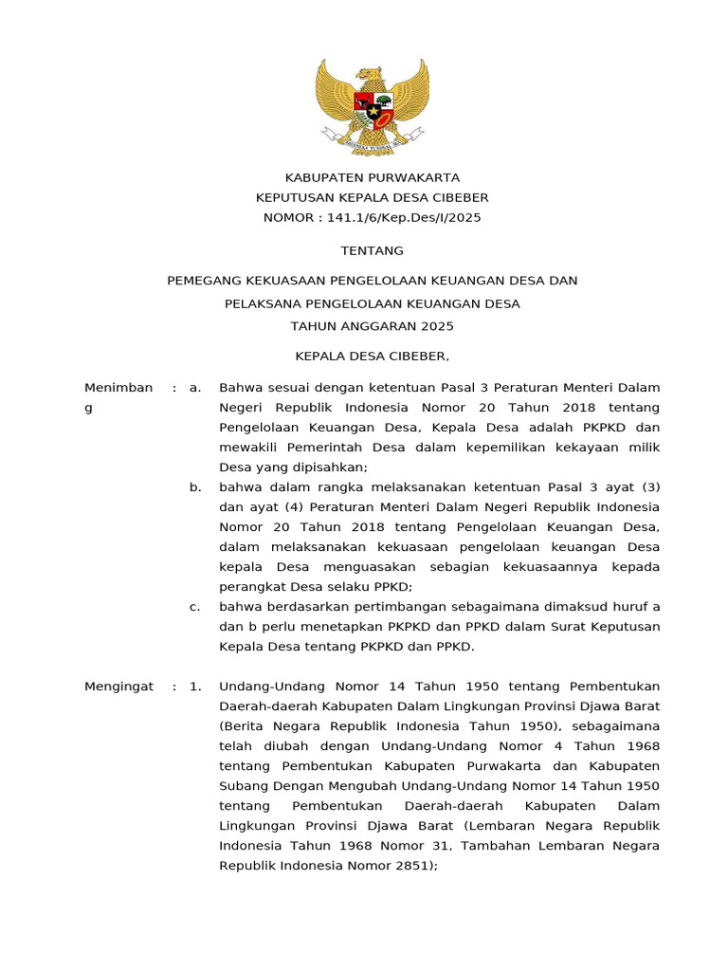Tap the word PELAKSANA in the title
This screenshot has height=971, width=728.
coord(259,304)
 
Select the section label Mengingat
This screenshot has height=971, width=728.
coord(118,686)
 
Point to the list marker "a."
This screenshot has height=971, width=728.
coord(195,387)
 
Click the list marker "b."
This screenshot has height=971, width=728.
coord(195,486)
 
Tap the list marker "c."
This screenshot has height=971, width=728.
coord(195,607)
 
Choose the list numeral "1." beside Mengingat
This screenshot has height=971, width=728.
coord(195,686)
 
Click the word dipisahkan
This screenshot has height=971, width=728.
coord(328,467)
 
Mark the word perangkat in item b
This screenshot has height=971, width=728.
coord(249,587)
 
